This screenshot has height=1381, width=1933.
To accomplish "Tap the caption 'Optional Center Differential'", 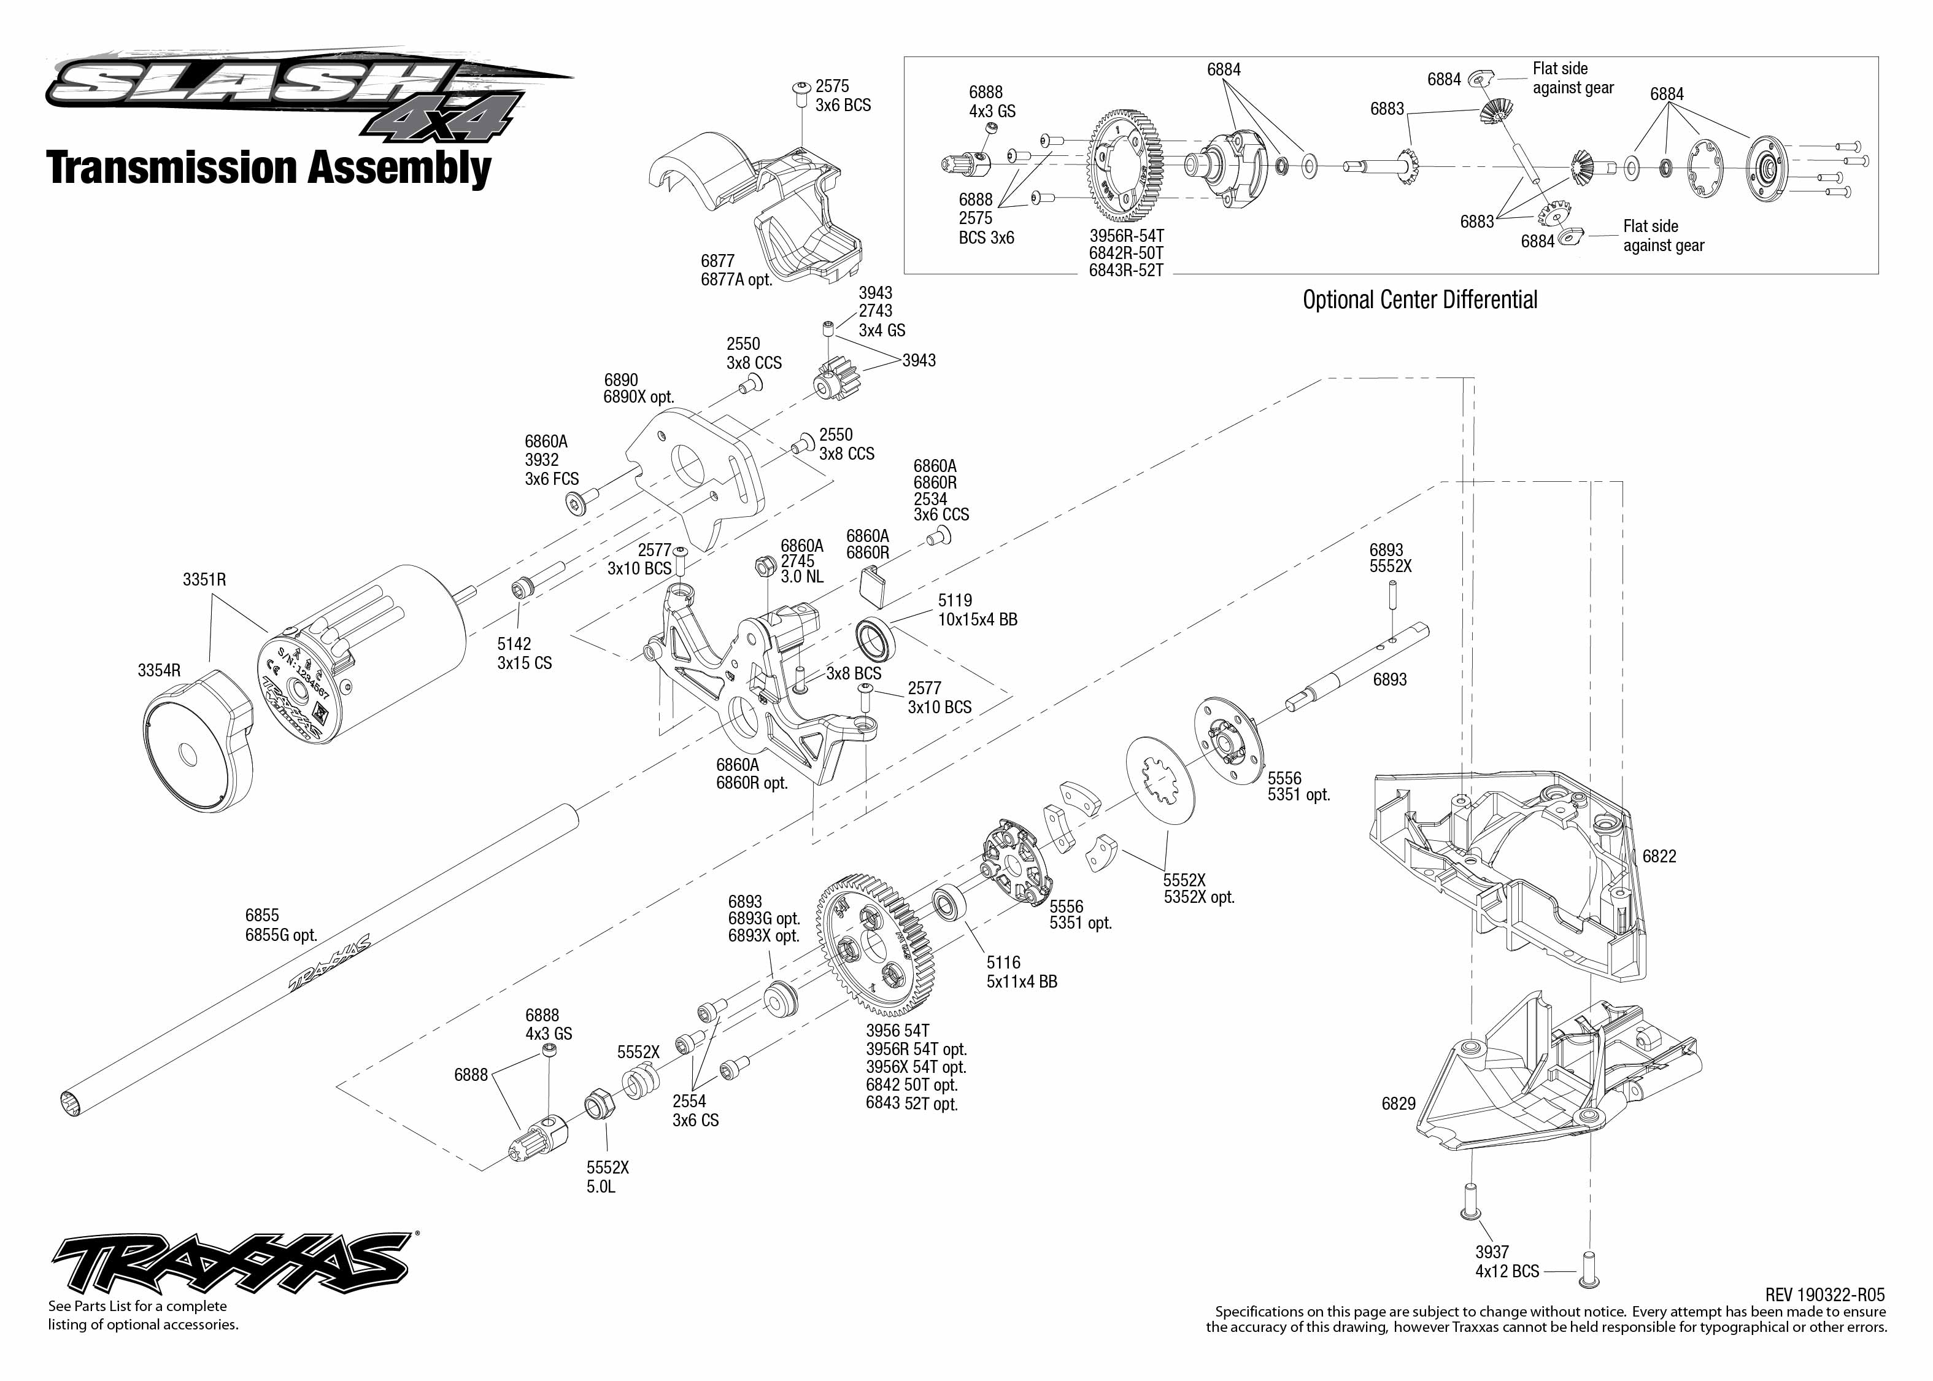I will [1419, 300].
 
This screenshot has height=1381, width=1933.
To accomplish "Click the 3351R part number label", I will [204, 580].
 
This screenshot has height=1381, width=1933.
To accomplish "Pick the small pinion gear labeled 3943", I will [836, 379].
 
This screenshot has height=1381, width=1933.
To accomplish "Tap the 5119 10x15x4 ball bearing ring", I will [874, 640].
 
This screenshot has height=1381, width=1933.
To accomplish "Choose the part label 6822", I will [1659, 856].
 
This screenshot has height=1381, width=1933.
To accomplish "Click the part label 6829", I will [1399, 1104].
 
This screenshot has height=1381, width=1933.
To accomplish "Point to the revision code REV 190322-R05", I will [1824, 1295].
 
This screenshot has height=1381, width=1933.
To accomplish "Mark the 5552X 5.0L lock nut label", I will [607, 1177].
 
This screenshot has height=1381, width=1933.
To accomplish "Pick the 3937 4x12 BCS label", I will [1507, 1262].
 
